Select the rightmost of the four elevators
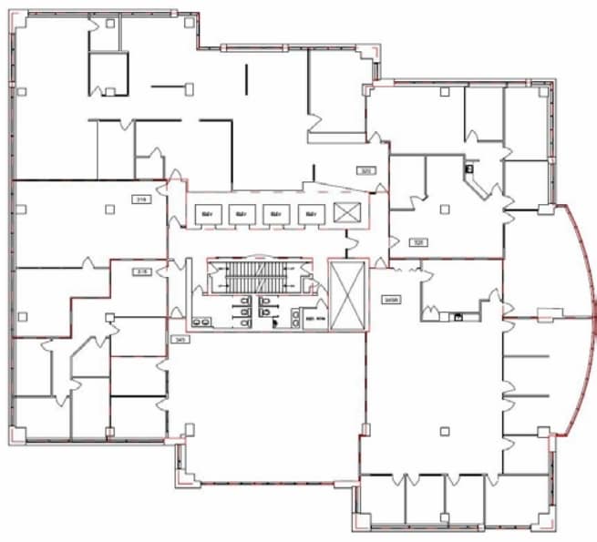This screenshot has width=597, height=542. pyautogui.click(x=310, y=214)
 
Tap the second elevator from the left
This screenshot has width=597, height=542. pyautogui.click(x=240, y=214)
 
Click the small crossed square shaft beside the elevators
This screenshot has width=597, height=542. pyautogui.click(x=347, y=214)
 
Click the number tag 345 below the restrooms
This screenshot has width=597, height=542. pyautogui.click(x=179, y=339)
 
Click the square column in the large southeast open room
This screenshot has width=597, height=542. pyautogui.click(x=444, y=430)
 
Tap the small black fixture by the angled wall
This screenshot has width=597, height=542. pyautogui.click(x=470, y=168)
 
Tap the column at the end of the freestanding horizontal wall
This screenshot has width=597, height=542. pyautogui.click(x=190, y=87)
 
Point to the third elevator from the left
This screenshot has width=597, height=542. pyautogui.click(x=275, y=214)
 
